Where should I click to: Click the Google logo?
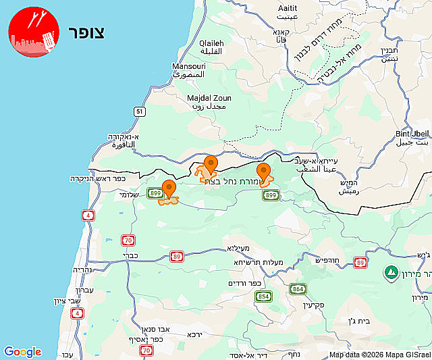pyautogui.click(x=22, y=352)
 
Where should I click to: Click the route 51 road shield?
pyautogui.click(x=139, y=111)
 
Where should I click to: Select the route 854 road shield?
pyautogui.click(x=263, y=297)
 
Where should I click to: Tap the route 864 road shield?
pyautogui.click(x=298, y=288)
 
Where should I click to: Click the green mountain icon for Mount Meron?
pyautogui.click(x=390, y=273)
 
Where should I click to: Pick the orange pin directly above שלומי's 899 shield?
pyautogui.click(x=169, y=189)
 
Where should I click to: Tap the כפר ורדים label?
pyautogui.click(x=243, y=283)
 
